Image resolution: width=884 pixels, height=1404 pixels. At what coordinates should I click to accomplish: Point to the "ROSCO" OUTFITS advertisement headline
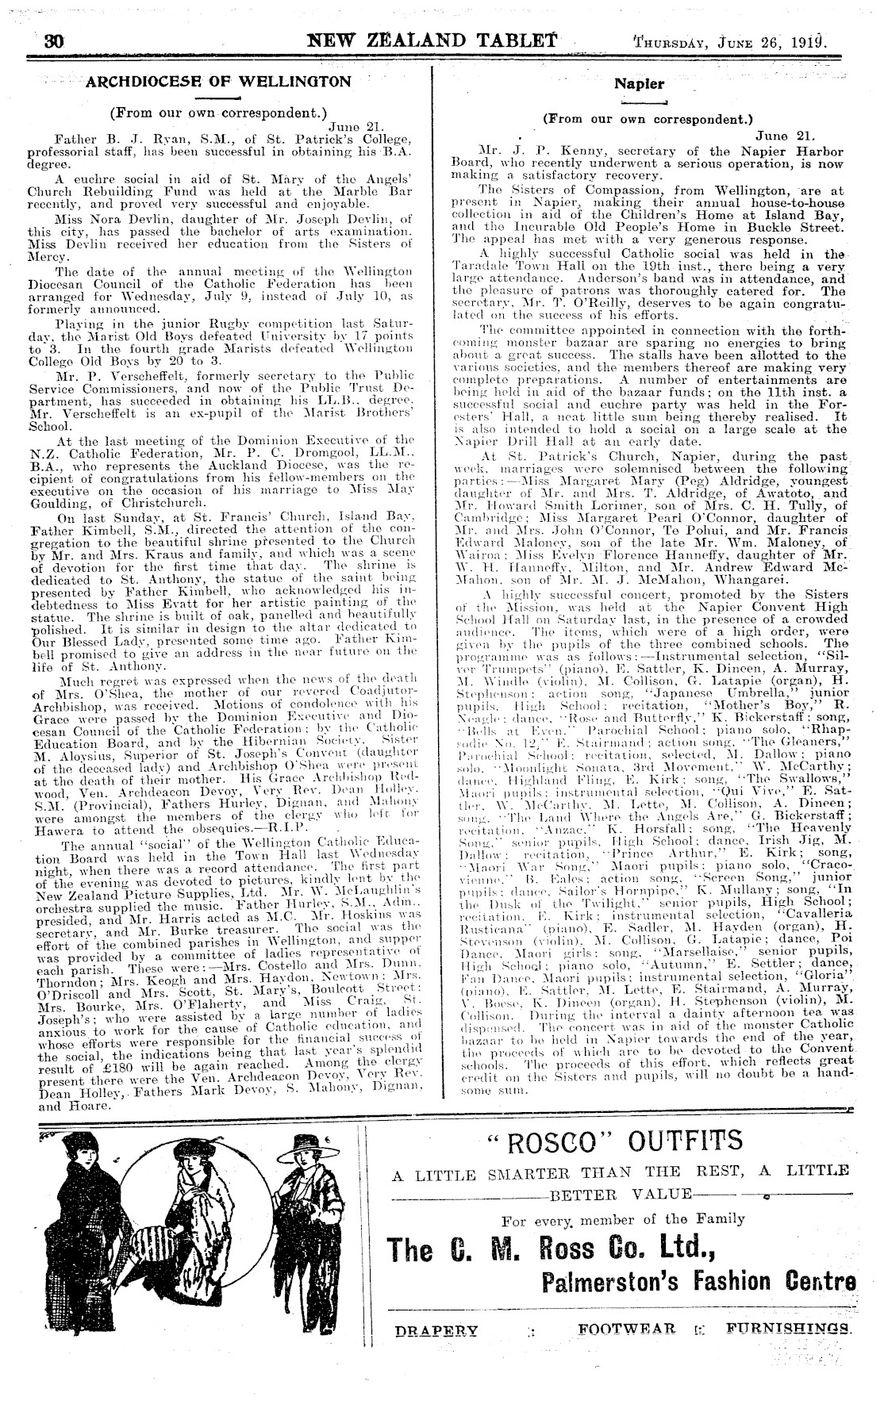coord(617,1142)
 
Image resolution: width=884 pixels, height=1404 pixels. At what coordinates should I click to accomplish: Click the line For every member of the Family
coord(623,1219)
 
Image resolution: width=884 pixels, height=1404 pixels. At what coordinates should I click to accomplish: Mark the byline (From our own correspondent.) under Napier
coord(647,121)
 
